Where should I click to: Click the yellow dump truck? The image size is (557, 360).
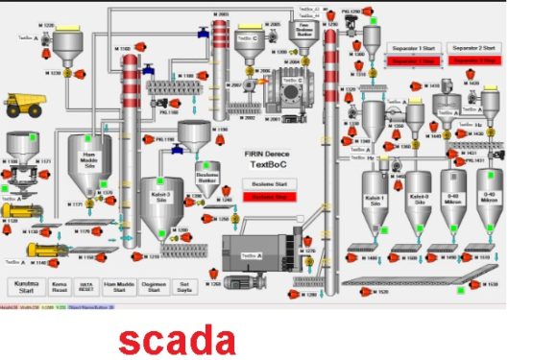pyautogui.click(x=23, y=103)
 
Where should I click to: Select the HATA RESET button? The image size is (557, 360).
pyautogui.click(x=86, y=286)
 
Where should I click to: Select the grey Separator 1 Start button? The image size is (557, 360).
pyautogui.click(x=411, y=47)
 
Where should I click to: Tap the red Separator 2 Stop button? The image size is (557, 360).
pyautogui.click(x=474, y=60)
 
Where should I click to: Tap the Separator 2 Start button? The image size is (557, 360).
pyautogui.click(x=474, y=47)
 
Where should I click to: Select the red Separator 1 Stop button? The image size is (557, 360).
pyautogui.click(x=411, y=60)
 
